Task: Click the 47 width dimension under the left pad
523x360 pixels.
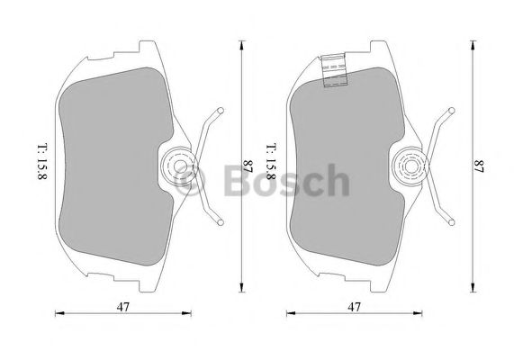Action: (122, 307)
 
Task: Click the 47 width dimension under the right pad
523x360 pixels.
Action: (354, 307)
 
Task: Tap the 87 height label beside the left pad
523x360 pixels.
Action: (248, 166)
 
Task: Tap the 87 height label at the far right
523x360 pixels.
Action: (479, 166)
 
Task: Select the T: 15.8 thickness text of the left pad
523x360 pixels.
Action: (42, 162)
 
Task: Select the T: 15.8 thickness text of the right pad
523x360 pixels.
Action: (271, 162)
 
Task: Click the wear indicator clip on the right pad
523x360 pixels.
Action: (334, 70)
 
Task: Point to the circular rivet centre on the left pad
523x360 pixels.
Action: (180, 166)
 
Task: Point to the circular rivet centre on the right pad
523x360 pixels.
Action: (411, 166)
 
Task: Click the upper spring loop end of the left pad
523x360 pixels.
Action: (221, 111)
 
